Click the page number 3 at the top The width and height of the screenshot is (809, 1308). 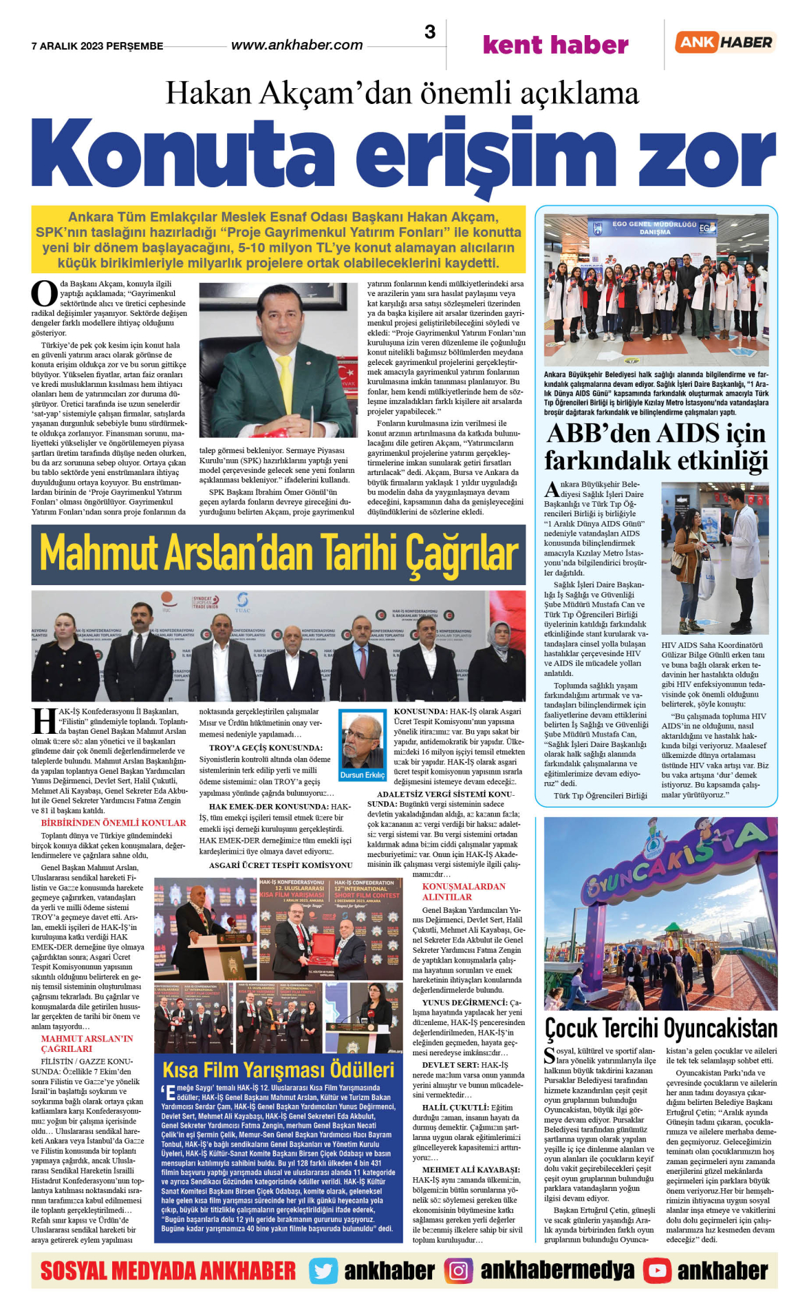(430, 32)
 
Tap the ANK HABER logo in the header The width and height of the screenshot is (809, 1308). (724, 42)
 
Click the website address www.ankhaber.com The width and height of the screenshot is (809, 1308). (296, 45)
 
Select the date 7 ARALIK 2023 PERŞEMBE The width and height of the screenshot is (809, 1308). (97, 46)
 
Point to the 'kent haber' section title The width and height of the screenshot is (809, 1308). (555, 45)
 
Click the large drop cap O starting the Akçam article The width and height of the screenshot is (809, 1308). (44, 294)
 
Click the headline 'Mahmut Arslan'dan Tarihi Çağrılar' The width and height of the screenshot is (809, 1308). (279, 554)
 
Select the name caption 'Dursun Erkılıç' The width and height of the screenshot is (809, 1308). (363, 775)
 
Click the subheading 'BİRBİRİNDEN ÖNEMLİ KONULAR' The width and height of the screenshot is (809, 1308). (114, 823)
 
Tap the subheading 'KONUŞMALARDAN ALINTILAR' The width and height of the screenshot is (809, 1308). (464, 892)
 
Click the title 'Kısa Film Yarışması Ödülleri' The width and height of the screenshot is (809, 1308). (278, 1070)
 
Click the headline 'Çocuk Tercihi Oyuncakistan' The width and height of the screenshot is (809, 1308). (660, 1029)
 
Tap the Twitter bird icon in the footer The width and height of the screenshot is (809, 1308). (322, 1271)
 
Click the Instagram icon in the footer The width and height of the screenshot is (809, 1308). (458, 1271)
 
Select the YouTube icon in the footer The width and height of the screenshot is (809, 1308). (657, 1271)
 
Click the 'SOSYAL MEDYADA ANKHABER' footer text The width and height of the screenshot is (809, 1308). (168, 1271)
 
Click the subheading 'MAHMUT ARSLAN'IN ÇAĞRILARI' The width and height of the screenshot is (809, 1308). (87, 1044)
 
